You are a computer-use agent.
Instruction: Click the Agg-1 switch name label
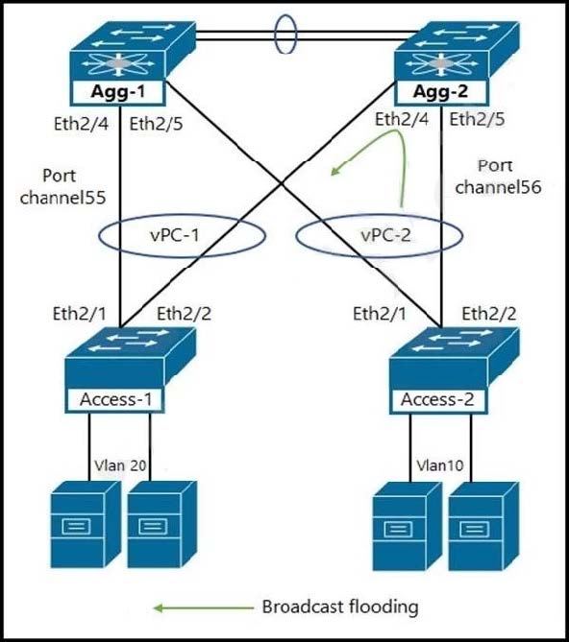(x=118, y=92)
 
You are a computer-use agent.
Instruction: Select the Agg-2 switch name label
(x=441, y=91)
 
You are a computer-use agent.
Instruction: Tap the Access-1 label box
(x=116, y=399)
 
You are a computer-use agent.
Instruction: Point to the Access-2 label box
(x=438, y=399)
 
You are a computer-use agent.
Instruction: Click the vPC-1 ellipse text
(x=175, y=235)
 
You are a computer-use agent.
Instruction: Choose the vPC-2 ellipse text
(x=385, y=235)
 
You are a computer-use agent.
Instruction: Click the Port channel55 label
(x=62, y=186)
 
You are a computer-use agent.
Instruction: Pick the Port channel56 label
(x=498, y=177)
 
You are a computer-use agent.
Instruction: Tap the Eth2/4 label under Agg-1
(x=81, y=124)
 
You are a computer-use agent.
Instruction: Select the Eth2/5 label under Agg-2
(x=477, y=120)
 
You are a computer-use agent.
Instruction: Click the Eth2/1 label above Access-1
(x=80, y=314)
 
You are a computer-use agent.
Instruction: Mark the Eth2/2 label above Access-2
(x=489, y=314)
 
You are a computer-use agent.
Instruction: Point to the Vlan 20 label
(x=120, y=465)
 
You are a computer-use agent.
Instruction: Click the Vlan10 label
(x=440, y=465)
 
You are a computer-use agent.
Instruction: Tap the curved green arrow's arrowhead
(x=335, y=172)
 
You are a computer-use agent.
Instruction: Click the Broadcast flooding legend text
(x=340, y=606)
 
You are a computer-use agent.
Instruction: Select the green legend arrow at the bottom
(x=204, y=608)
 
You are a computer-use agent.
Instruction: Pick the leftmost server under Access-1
(x=85, y=525)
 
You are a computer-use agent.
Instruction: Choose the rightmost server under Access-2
(x=483, y=526)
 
